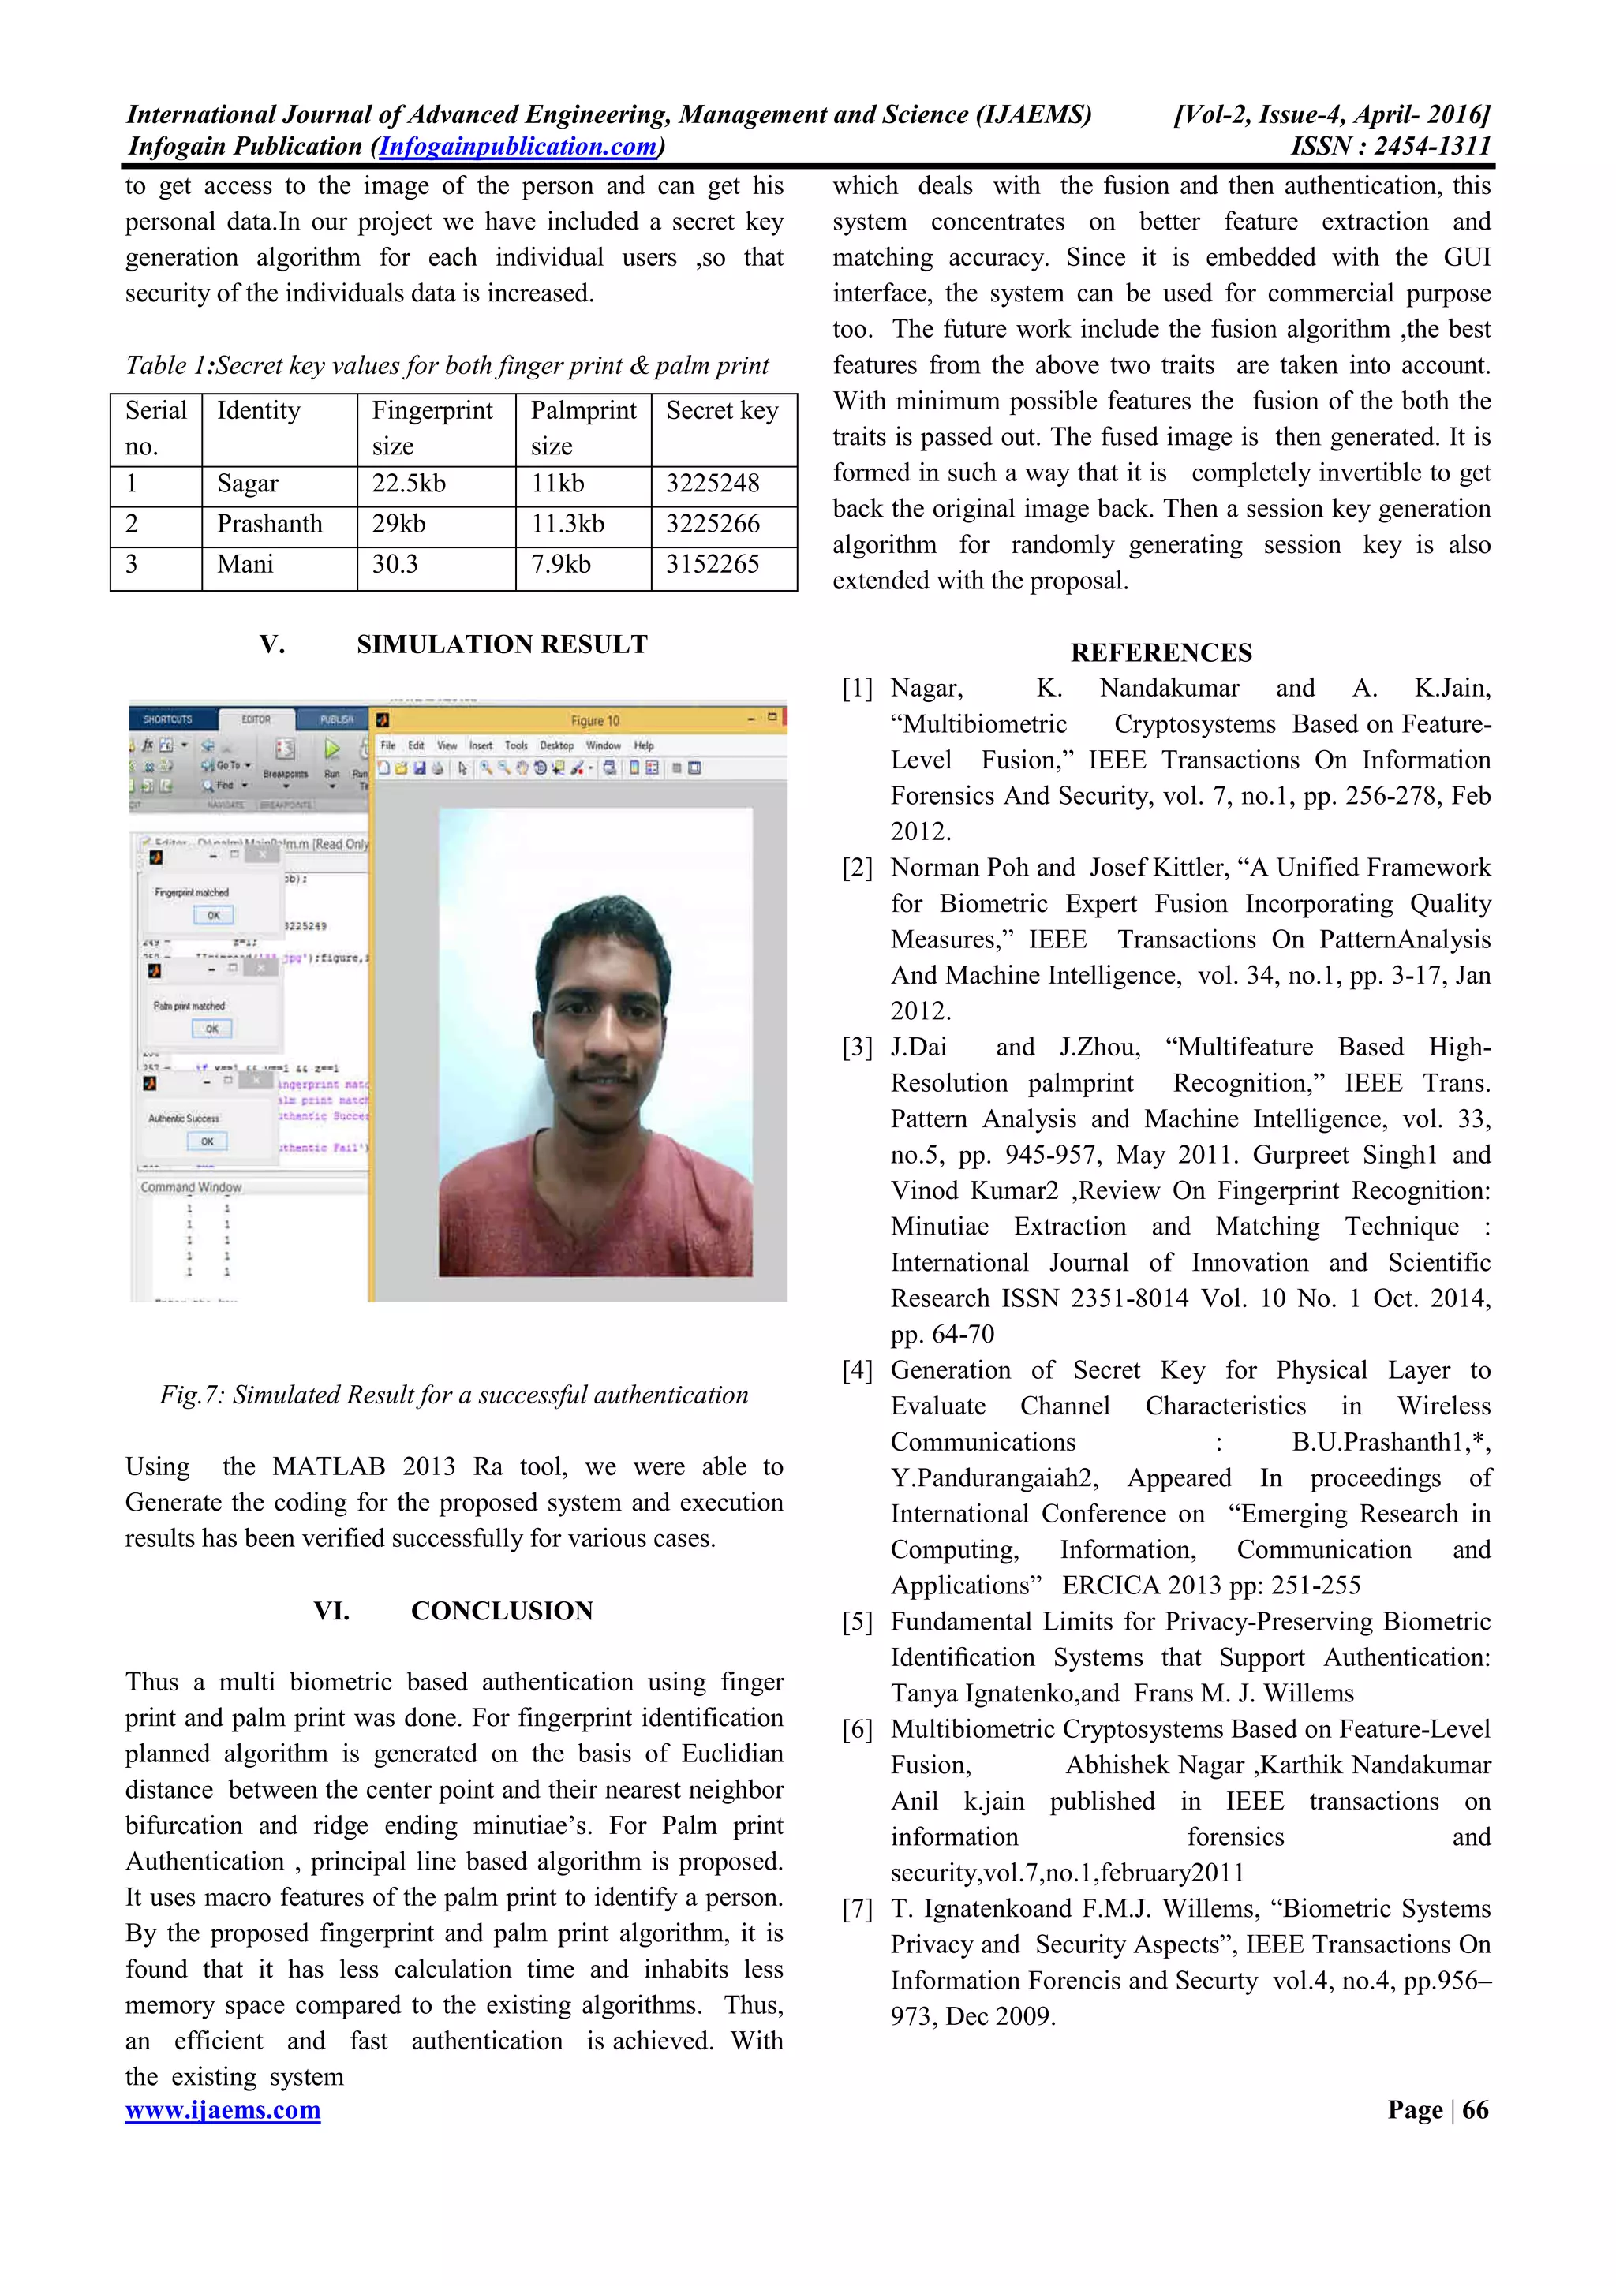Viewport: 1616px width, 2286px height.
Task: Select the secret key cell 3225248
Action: [712, 484]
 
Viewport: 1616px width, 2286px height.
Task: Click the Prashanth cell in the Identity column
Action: [270, 524]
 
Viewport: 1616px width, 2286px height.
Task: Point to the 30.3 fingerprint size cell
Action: [395, 565]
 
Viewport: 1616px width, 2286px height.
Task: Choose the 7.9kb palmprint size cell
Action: [560, 565]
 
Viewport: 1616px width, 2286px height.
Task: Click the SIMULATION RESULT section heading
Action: [502, 644]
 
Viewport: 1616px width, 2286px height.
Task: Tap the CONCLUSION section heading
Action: [502, 1610]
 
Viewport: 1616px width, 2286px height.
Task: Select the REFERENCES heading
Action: [1161, 652]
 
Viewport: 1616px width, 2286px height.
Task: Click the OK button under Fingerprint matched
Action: [213, 915]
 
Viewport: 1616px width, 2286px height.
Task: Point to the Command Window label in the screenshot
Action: [191, 1187]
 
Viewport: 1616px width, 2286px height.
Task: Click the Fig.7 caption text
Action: [454, 1394]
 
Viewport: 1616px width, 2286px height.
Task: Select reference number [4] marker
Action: [857, 1370]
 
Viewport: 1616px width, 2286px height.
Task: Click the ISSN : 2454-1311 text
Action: [1390, 147]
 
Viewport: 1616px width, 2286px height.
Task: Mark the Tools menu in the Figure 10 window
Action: [516, 745]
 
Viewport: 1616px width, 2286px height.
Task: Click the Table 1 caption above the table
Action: [447, 365]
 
